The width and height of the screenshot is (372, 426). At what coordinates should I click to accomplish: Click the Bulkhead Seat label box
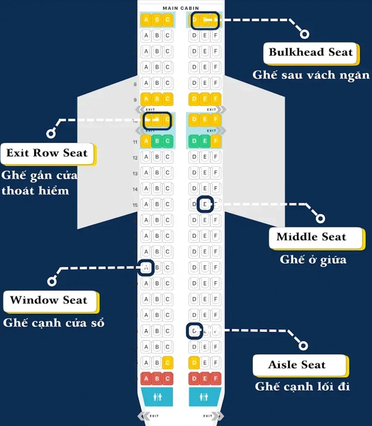(311, 53)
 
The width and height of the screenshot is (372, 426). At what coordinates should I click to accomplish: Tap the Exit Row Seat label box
(47, 153)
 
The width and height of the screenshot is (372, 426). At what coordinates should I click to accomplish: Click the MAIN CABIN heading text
(181, 8)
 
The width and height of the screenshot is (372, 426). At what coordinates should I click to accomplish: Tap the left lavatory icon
(157, 397)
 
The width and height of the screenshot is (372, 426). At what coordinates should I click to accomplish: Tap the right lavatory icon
(204, 397)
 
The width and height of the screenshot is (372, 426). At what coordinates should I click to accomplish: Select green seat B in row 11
(157, 141)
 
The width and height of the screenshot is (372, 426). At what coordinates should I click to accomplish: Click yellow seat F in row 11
(215, 141)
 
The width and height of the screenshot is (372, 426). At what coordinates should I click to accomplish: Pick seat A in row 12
(146, 157)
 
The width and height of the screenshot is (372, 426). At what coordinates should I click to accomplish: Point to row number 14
(135, 189)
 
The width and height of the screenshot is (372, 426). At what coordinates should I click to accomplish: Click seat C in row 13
(167, 173)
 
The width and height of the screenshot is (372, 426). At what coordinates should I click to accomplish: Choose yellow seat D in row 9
(194, 99)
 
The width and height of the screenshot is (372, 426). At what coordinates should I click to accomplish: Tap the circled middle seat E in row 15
(205, 204)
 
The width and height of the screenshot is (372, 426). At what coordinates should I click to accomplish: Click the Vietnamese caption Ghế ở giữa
(313, 260)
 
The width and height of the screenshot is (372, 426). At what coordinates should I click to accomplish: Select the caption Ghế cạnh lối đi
(302, 387)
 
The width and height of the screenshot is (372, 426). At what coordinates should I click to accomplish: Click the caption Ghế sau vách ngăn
(311, 75)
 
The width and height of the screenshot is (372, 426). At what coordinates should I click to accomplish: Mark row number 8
(135, 84)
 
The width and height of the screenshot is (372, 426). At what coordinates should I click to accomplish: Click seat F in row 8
(215, 83)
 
